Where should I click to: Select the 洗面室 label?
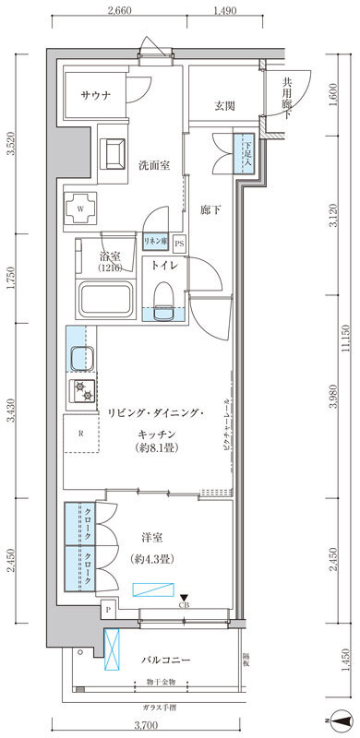[x=153, y=166]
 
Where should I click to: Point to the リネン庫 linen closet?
[x=154, y=242]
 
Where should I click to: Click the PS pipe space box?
[x=179, y=243]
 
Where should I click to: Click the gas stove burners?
[x=80, y=391]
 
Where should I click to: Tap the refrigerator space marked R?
[x=81, y=433]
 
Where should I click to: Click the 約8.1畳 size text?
[x=155, y=447]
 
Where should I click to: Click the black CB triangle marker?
[x=184, y=597]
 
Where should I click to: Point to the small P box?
[x=110, y=610]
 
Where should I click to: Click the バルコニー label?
[x=165, y=661]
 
